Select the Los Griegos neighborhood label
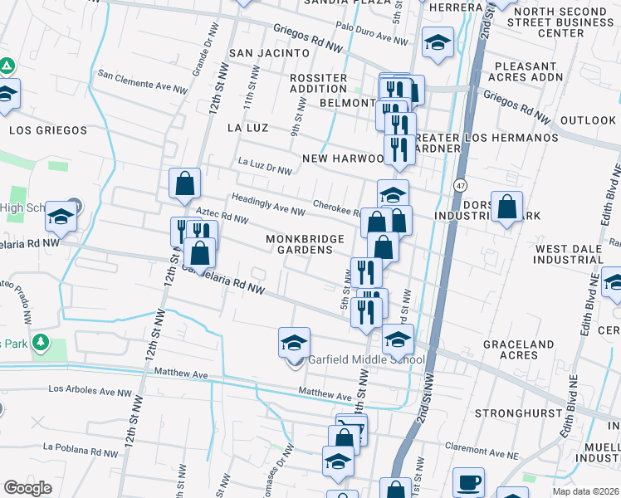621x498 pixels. (x=48, y=130)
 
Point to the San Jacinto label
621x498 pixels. (x=257, y=53)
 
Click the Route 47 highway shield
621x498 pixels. (x=459, y=185)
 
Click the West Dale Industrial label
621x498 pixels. (x=575, y=255)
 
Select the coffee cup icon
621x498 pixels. (x=469, y=482)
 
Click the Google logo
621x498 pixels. (x=28, y=487)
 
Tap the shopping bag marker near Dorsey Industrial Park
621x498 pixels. (x=506, y=207)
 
